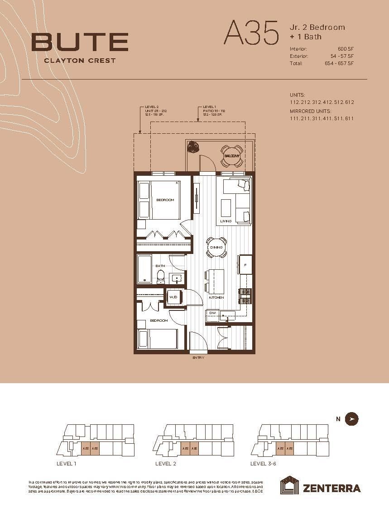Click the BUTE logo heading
pos(80,42)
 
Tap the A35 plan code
pos(251,33)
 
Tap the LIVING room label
pos(226,221)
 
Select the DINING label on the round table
pos(216,248)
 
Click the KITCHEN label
pos(216,298)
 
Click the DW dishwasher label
pos(212,313)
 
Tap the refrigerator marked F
pos(245,265)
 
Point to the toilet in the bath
pos(160,277)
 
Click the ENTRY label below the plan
pos(198,357)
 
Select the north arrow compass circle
pos(351,419)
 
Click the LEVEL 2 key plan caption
pos(166,464)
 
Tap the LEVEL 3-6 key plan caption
pos(263,464)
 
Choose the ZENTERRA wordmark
pos(331,488)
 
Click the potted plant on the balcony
pos(194,147)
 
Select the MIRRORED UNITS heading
pos(311,111)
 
